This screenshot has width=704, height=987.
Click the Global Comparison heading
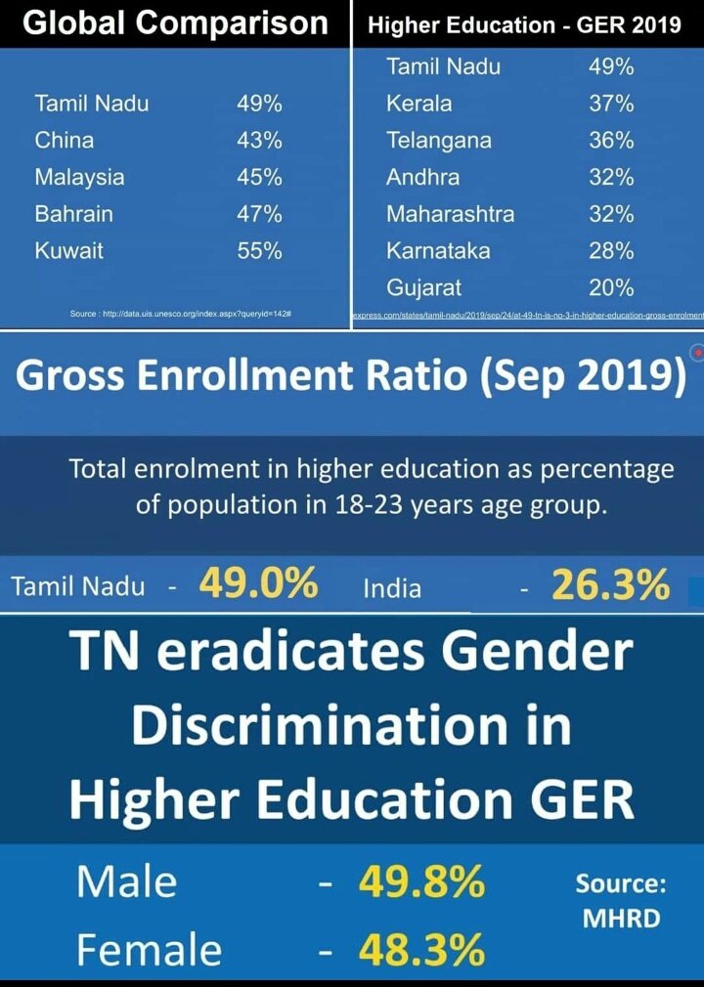175,23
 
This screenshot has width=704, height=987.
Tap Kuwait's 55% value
259,250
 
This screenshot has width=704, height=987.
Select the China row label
65,140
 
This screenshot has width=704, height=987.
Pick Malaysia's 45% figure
259,177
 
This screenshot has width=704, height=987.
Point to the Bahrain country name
73,213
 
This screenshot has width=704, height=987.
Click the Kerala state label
418,104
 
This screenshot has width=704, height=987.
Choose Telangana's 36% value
611,140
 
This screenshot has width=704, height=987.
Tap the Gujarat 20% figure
611,287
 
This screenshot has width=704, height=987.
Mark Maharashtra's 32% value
611,213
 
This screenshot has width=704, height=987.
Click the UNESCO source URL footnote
182,314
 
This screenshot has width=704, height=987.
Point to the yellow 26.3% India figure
611,585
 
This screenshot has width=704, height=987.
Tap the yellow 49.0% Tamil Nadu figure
258,584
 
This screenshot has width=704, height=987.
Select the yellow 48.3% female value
421,950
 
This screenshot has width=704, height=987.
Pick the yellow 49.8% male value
421,882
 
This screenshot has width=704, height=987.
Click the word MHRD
621,919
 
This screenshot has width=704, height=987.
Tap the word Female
149,950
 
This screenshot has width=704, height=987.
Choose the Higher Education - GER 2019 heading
524,25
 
